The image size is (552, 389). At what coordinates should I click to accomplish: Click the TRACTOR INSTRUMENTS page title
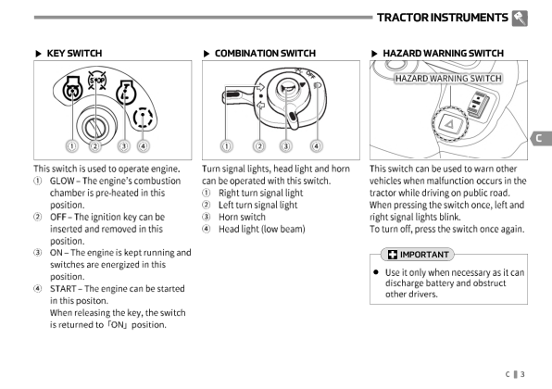pyautogui.click(x=442, y=18)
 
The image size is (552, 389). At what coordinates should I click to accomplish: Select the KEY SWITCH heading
pyautogui.click(x=74, y=53)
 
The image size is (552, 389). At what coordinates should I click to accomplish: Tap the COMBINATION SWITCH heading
pyautogui.click(x=265, y=53)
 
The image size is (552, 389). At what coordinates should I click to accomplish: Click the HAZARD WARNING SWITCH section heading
pyautogui.click(x=444, y=53)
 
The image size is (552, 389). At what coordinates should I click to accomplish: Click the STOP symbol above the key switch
pyautogui.click(x=97, y=81)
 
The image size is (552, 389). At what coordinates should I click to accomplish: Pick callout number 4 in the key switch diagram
pyautogui.click(x=144, y=145)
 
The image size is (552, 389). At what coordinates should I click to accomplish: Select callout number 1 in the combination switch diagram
pyautogui.click(x=226, y=145)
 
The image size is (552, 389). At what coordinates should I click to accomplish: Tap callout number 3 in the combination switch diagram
pyautogui.click(x=286, y=145)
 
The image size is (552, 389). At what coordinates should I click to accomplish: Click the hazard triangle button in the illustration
pyautogui.click(x=450, y=124)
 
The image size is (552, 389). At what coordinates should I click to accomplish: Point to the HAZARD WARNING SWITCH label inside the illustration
pyautogui.click(x=448, y=78)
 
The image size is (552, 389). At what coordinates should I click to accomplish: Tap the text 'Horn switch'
pyautogui.click(x=242, y=217)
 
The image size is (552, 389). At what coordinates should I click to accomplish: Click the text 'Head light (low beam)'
pyautogui.click(x=261, y=229)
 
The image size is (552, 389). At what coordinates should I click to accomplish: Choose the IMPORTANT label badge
pyautogui.click(x=418, y=254)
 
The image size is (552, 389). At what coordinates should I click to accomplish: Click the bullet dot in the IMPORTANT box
pyautogui.click(x=376, y=271)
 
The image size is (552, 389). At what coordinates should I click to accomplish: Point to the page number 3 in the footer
pyautogui.click(x=522, y=374)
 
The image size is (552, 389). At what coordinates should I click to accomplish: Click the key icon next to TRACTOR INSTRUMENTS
pyautogui.click(x=520, y=18)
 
